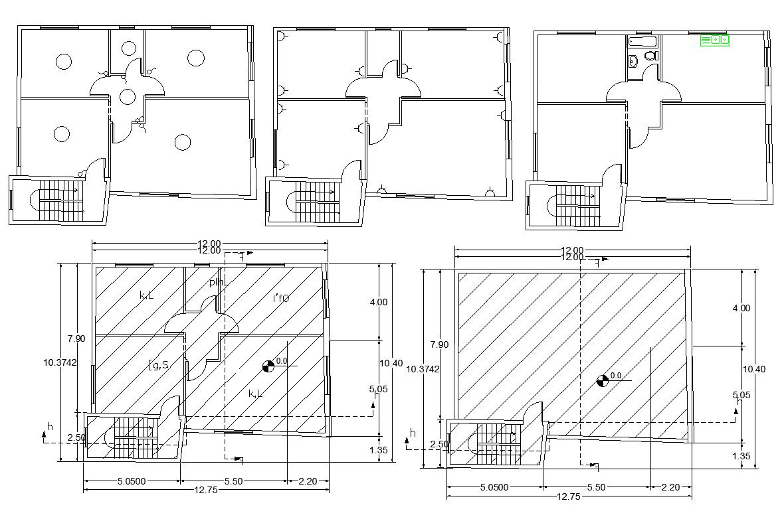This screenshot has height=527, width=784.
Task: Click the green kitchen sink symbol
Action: coord(714,40)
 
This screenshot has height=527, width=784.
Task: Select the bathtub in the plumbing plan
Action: coord(642,42)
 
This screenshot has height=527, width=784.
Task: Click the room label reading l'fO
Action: coord(281,299)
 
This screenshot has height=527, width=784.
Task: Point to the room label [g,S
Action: coord(158,364)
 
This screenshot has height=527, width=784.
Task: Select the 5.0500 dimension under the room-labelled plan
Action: coord(132,481)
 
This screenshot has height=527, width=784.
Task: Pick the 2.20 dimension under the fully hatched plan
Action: coord(670,487)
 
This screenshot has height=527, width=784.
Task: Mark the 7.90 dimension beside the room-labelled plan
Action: coord(76,339)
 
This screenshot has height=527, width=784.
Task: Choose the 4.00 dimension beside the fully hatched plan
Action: coord(741,308)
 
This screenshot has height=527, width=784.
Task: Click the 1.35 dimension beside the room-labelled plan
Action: coord(378,449)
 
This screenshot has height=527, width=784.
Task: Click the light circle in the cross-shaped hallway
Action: coord(127,96)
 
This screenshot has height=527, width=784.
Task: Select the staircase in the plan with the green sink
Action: coord(574,205)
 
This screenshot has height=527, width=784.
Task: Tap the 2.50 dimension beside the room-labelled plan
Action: coord(76,437)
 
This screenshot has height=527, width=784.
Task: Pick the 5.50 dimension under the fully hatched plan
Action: coord(596,487)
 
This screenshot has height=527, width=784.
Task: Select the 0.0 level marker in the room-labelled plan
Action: coord(268,366)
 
